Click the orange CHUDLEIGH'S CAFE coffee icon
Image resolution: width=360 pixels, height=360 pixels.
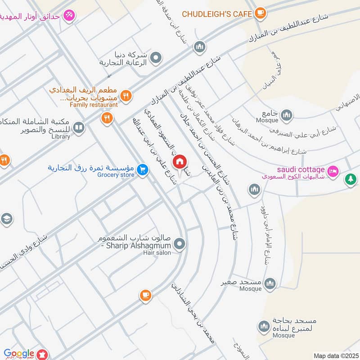[x=260, y=14]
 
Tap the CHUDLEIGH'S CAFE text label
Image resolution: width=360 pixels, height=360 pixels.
[x=216, y=14]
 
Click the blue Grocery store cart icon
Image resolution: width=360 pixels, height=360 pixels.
[x=143, y=169]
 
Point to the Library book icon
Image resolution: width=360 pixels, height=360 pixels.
[x=79, y=128]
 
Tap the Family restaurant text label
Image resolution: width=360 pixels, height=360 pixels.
[x=94, y=105]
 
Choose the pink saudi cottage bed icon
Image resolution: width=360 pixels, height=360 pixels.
[x=333, y=171]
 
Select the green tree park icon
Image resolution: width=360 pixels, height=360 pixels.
[x=350, y=179]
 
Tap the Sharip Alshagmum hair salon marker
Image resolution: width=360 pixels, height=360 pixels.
[x=180, y=244]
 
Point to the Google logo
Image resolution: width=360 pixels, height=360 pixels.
[x=19, y=354]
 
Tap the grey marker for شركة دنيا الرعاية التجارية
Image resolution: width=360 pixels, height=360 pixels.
[x=156, y=57]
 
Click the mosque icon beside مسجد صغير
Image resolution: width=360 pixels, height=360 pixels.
[x=270, y=283]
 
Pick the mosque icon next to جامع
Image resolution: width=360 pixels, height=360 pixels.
[x=286, y=116]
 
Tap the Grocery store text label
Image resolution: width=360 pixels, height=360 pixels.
[x=116, y=175]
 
